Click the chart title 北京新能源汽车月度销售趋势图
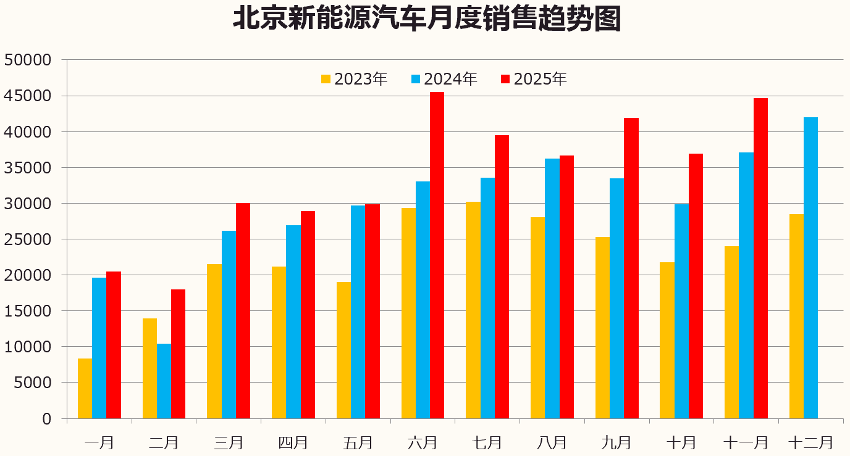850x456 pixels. (426, 20)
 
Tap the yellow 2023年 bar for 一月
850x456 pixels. (85, 388)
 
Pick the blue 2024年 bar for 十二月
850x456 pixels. (810, 268)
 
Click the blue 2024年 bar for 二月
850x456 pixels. (164, 381)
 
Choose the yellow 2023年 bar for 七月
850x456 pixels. (473, 310)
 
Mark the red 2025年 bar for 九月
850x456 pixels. (631, 268)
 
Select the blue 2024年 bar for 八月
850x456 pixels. (552, 288)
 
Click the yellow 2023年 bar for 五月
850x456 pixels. (343, 350)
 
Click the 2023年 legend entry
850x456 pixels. (354, 79)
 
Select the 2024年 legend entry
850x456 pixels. (444, 79)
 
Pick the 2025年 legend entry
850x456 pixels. (534, 79)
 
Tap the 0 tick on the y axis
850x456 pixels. (46, 419)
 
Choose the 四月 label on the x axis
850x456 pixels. (293, 442)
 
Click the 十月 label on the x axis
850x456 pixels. (681, 442)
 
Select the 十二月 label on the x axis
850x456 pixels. (810, 442)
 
